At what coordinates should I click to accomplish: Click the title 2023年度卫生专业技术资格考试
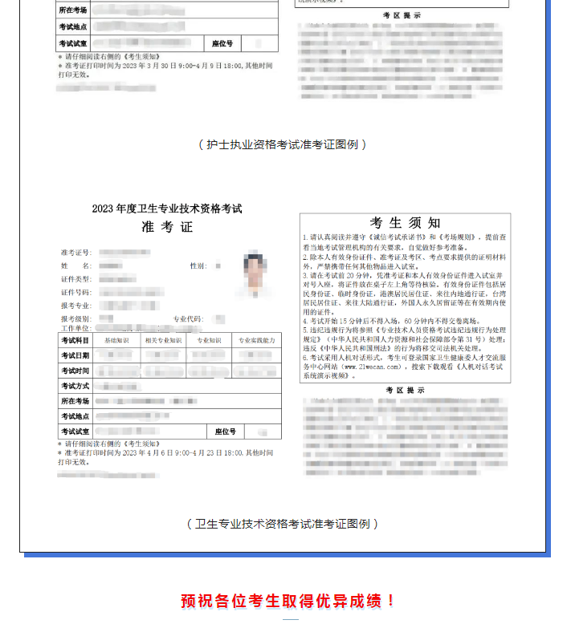tap(167, 209)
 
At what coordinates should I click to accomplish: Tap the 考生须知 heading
tap(405, 223)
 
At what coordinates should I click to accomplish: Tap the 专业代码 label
tap(187, 318)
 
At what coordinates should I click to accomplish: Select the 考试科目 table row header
tap(75, 340)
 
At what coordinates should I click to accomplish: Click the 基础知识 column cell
tap(116, 340)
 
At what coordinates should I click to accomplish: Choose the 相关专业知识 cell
tap(163, 340)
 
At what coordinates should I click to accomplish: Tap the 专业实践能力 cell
tap(256, 340)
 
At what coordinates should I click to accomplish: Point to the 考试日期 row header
tap(75, 355)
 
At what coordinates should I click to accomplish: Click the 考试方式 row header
tap(75, 386)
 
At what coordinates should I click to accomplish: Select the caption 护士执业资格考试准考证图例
tap(283, 145)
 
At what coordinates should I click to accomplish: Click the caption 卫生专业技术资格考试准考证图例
tap(283, 524)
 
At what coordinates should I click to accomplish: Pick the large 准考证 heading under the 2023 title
tap(167, 227)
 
